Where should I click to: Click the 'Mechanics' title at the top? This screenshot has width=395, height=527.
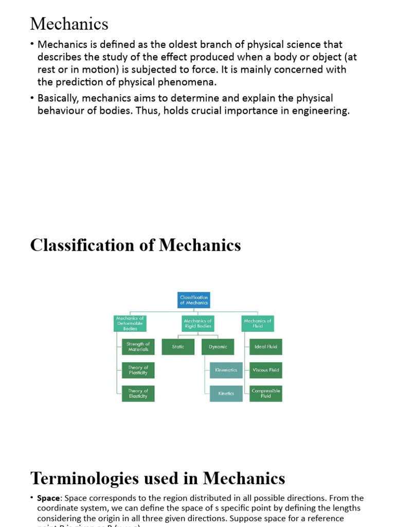[x=69, y=24]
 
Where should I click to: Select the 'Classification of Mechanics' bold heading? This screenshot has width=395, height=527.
[x=135, y=245]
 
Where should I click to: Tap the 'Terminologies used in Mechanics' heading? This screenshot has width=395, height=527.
[x=157, y=478]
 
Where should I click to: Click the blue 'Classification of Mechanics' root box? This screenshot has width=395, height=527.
[x=194, y=300]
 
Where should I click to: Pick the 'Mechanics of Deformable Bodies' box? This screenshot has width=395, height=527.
[x=130, y=323]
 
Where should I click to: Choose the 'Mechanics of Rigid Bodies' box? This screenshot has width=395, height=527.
[x=197, y=323]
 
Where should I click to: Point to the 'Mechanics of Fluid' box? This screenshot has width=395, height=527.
[x=258, y=323]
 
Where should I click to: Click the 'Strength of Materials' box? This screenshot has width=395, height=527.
[x=138, y=347]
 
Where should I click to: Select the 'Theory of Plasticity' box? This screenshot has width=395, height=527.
[x=138, y=370]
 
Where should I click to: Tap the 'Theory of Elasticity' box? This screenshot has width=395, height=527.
[x=138, y=394]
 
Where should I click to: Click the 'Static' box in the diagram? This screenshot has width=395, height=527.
[x=178, y=347]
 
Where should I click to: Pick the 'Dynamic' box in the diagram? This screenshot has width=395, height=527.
[x=218, y=347]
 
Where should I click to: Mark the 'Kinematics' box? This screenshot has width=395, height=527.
[x=226, y=370]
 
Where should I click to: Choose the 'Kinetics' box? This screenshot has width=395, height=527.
[x=226, y=394]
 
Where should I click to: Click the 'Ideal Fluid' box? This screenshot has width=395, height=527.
[x=265, y=347]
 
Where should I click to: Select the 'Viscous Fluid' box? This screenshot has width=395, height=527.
[x=265, y=370]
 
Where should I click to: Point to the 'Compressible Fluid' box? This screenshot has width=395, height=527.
[x=265, y=394]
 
